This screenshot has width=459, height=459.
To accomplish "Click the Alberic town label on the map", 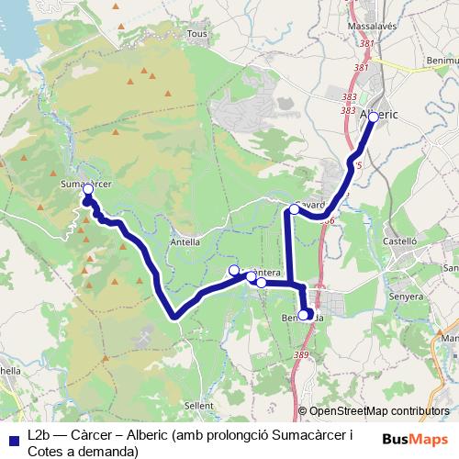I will pos(379,115).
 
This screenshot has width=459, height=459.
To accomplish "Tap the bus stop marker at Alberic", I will pos(373,117).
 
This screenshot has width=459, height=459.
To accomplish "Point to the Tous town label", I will pos(196,34).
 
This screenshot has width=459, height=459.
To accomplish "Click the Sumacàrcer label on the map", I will pos(85,184).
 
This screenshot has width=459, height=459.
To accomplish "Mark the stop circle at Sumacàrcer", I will pos(88,189).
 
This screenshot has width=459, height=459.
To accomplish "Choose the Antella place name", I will pos(186,242).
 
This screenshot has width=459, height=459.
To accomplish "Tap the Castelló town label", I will pos(400,241).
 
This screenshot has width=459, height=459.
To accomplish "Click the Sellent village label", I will pos(198,404).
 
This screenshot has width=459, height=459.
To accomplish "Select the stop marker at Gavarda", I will pos(295,209).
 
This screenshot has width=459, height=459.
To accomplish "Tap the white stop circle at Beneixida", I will pos(304,315).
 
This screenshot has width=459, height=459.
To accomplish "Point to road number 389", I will pos(302,354).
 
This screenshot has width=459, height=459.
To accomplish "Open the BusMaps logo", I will pos(415,438).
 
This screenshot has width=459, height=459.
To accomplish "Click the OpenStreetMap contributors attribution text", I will pos(379,411).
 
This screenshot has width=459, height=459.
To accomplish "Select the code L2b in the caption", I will pos(40,434).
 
